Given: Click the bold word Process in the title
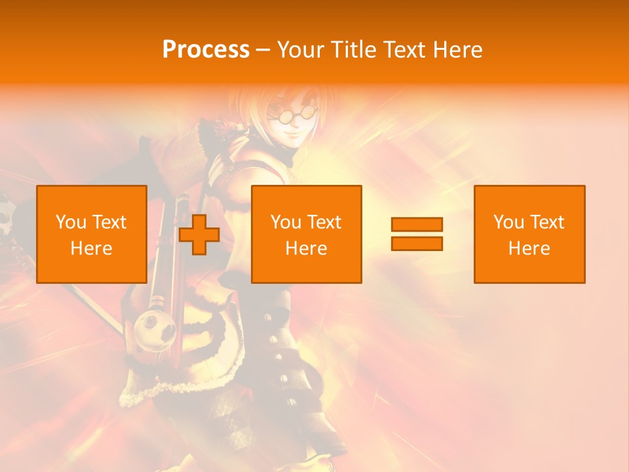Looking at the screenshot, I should [x=206, y=50].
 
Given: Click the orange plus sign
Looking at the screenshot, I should [x=199, y=235].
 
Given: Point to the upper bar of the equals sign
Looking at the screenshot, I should [x=417, y=225].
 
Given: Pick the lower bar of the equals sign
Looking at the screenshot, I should [x=417, y=243].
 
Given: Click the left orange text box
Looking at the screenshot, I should [x=91, y=234].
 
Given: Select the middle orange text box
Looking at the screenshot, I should [x=306, y=234].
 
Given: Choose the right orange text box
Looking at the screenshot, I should [x=529, y=234].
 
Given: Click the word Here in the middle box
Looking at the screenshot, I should [x=306, y=248].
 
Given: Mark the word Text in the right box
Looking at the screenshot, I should [x=548, y=222].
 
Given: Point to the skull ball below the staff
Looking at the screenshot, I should [x=156, y=327].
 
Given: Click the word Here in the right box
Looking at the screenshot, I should [x=529, y=248].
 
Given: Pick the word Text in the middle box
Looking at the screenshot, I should [x=325, y=222].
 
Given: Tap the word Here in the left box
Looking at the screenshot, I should [x=91, y=248].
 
